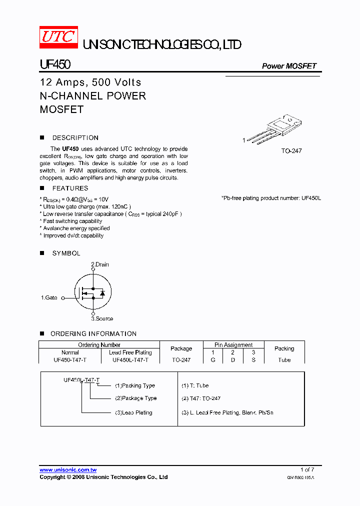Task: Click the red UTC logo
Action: pos(58,37)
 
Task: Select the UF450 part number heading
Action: pos(55,65)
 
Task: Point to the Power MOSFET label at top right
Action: pos(289,66)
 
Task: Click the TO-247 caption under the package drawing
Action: pos(291,150)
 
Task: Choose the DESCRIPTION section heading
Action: pos(75,137)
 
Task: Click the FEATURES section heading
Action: pos(70,188)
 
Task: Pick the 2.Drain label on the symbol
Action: pos(99,264)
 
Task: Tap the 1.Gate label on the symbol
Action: pos(49,297)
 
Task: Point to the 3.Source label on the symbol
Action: pos(102,318)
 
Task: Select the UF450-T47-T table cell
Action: pos(70,360)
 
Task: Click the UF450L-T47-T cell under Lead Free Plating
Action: pos(130,360)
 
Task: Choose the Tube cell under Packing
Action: pos(284,360)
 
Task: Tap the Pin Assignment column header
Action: pos(233,344)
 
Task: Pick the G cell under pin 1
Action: pos(213,360)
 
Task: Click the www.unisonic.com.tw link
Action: pos(68,470)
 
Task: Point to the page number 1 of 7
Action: pos(307,469)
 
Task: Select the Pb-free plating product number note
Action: pos(271,198)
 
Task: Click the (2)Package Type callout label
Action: pos(136,398)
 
